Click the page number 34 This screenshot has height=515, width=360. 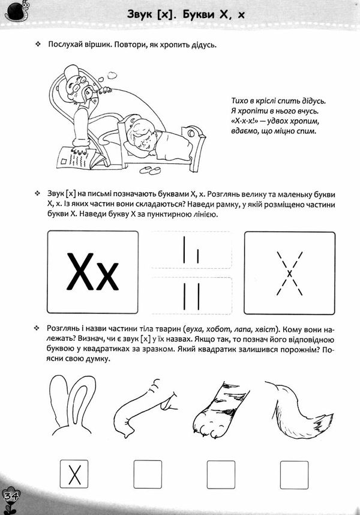(10, 496)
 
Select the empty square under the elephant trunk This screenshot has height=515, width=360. (148, 476)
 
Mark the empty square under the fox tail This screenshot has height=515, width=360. (295, 476)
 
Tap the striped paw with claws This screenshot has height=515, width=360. (220, 408)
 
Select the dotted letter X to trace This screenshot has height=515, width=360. (289, 274)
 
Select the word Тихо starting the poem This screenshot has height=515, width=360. (240, 100)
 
